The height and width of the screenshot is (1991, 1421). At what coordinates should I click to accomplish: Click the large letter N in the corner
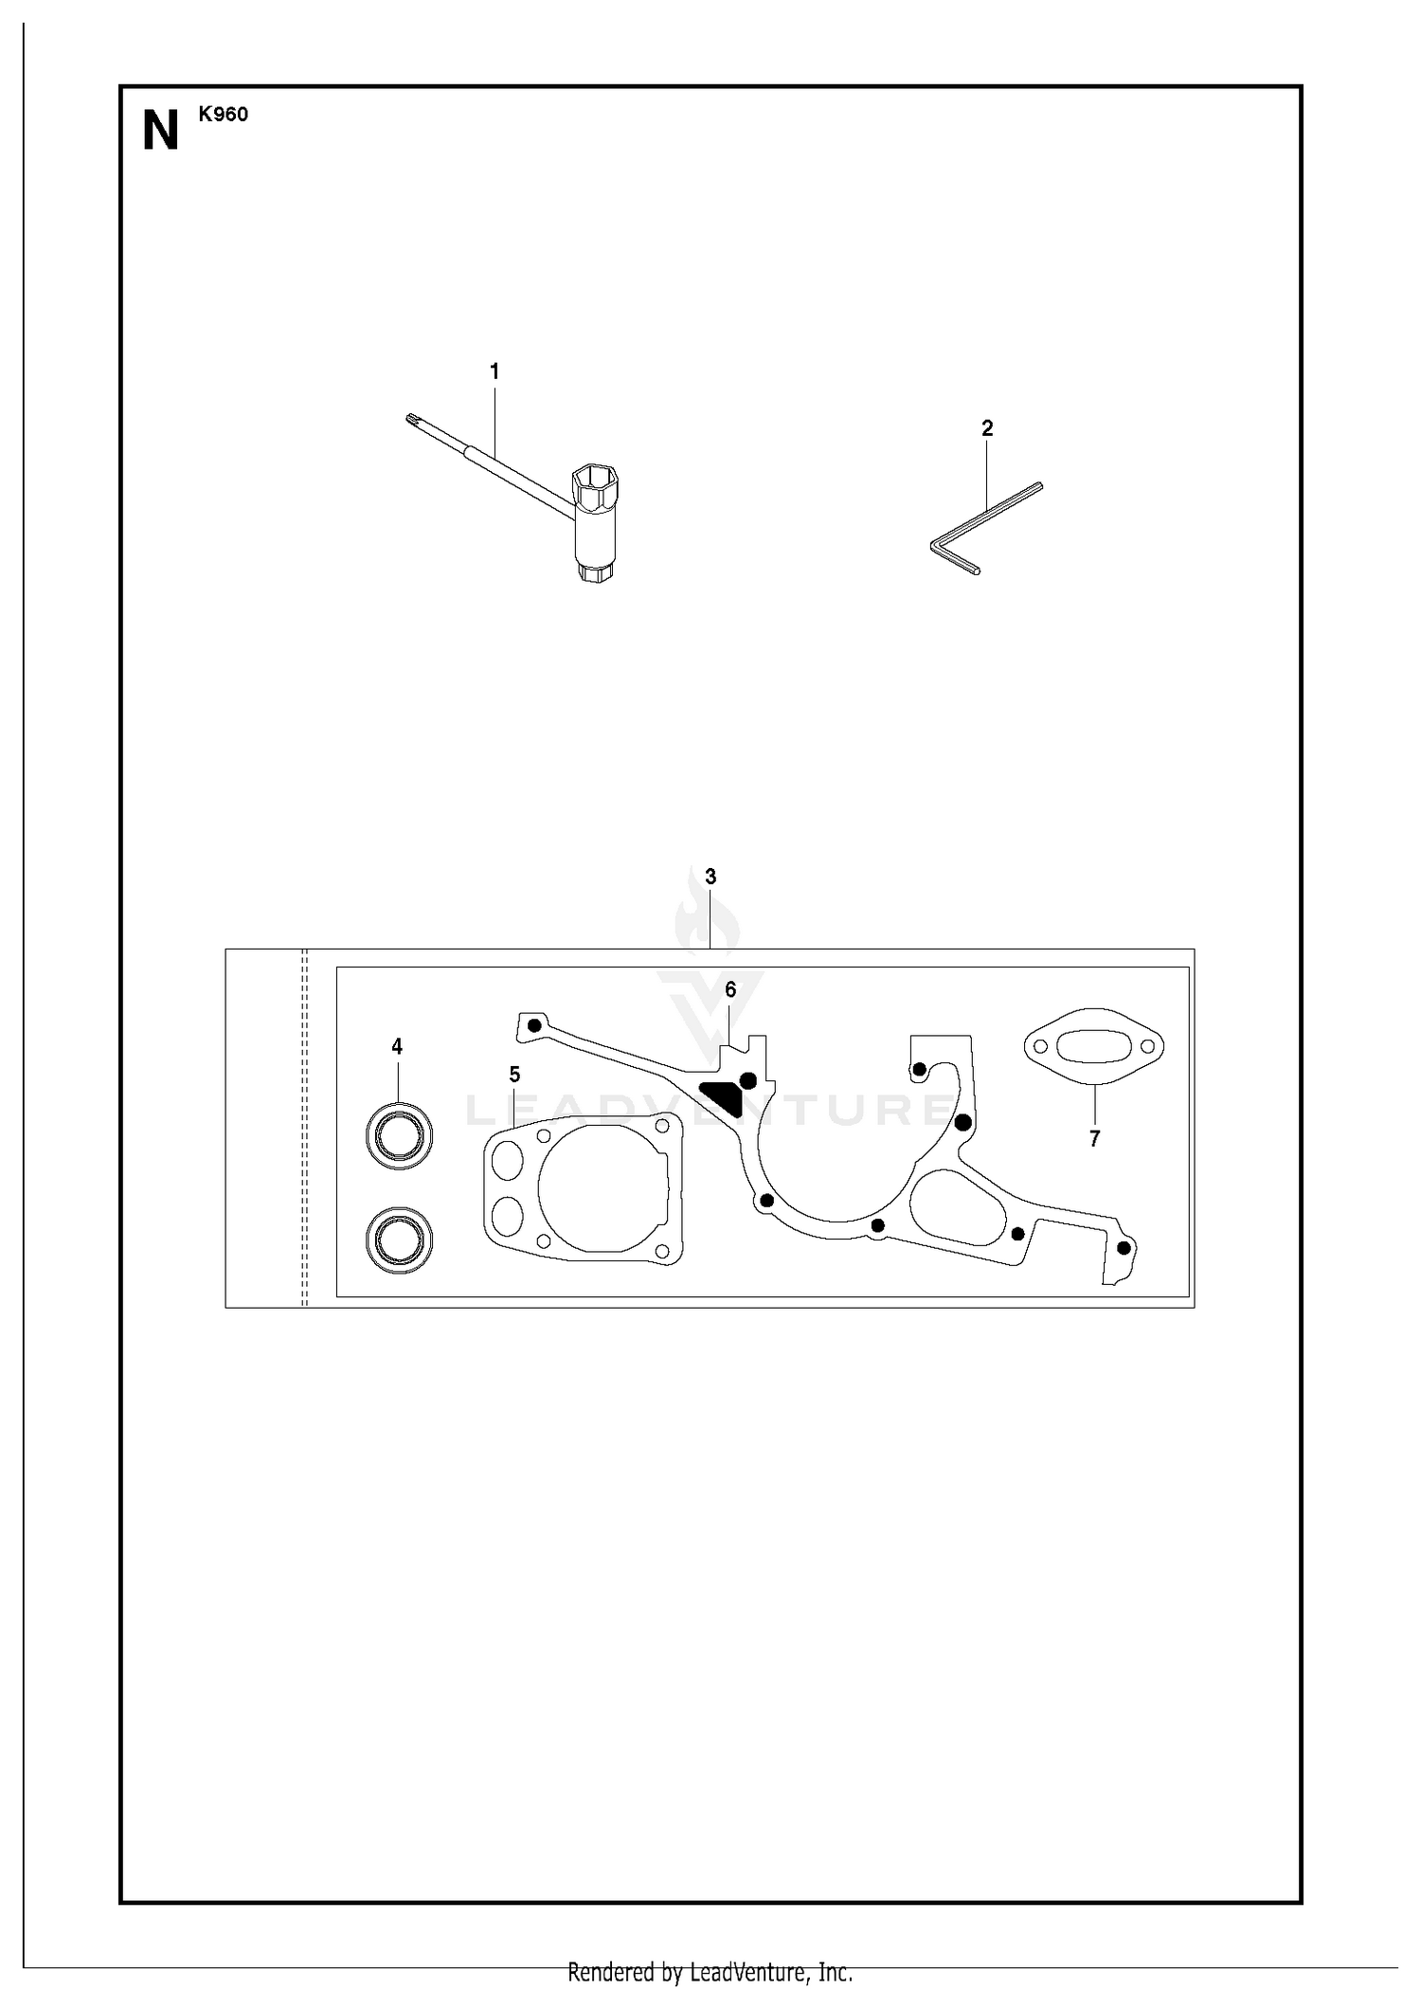click(x=160, y=132)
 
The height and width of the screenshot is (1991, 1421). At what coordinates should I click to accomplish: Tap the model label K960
click(x=224, y=115)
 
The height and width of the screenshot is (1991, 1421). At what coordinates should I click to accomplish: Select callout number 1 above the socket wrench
click(x=495, y=371)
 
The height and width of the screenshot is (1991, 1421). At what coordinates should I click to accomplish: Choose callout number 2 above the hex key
click(x=987, y=428)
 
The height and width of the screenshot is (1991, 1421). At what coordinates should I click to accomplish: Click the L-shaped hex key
click(x=985, y=528)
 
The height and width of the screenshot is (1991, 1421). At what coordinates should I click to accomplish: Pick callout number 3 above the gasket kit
click(x=710, y=877)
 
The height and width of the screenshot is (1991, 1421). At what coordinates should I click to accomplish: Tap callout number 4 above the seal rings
click(x=397, y=1046)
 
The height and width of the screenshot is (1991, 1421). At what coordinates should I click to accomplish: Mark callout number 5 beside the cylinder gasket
click(x=514, y=1075)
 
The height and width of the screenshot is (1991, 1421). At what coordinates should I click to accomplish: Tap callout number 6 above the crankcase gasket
click(x=730, y=989)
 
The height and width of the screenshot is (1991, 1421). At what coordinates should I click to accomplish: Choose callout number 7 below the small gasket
click(x=1094, y=1139)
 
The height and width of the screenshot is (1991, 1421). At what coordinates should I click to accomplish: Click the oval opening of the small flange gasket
click(x=1094, y=1047)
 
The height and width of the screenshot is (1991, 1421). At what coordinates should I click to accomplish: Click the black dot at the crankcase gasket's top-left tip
click(x=534, y=1024)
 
